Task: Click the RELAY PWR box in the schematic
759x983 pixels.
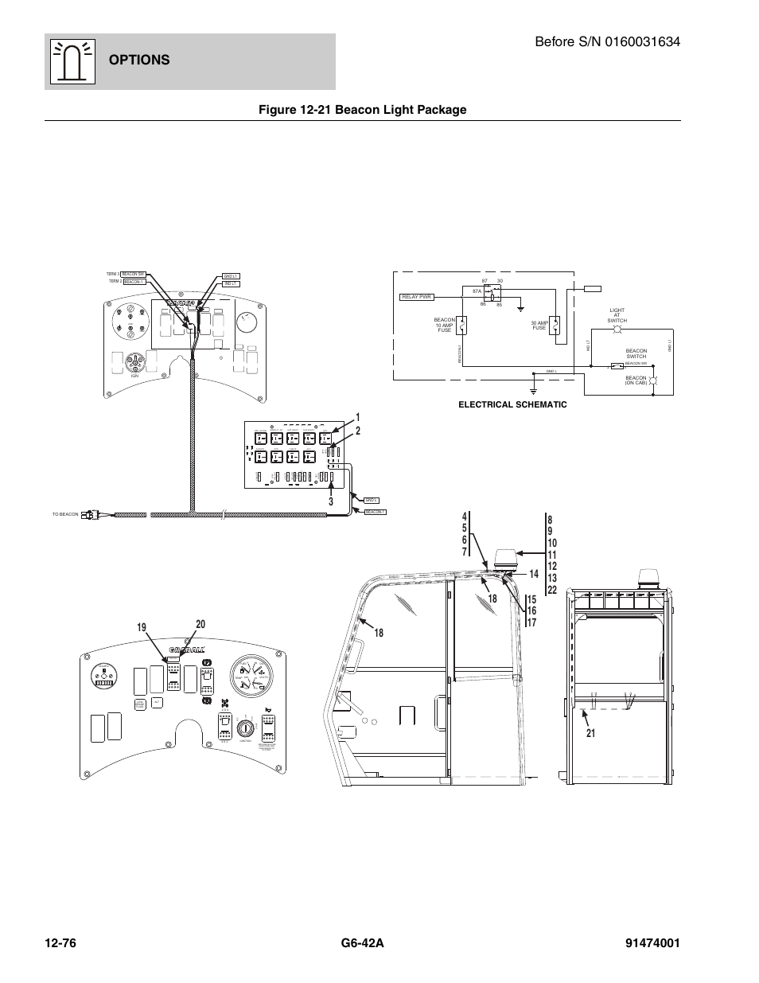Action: [416, 298]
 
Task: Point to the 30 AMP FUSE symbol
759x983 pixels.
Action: [557, 325]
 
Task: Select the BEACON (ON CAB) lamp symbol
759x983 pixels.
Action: [654, 380]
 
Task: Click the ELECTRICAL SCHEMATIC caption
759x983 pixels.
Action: [512, 405]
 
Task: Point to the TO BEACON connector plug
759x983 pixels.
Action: [95, 515]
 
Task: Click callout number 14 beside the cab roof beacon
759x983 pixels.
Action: [533, 574]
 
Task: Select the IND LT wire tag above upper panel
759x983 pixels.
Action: [231, 283]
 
